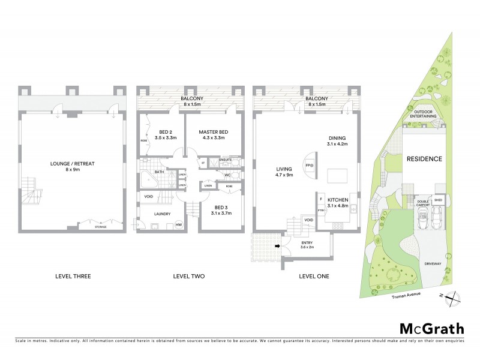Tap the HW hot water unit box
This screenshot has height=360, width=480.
[178, 225]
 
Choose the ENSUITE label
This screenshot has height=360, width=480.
[226, 160]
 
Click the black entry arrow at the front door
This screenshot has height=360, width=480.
[277, 245]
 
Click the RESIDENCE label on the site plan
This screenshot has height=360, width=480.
[424, 160]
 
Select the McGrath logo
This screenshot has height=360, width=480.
[431, 328]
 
